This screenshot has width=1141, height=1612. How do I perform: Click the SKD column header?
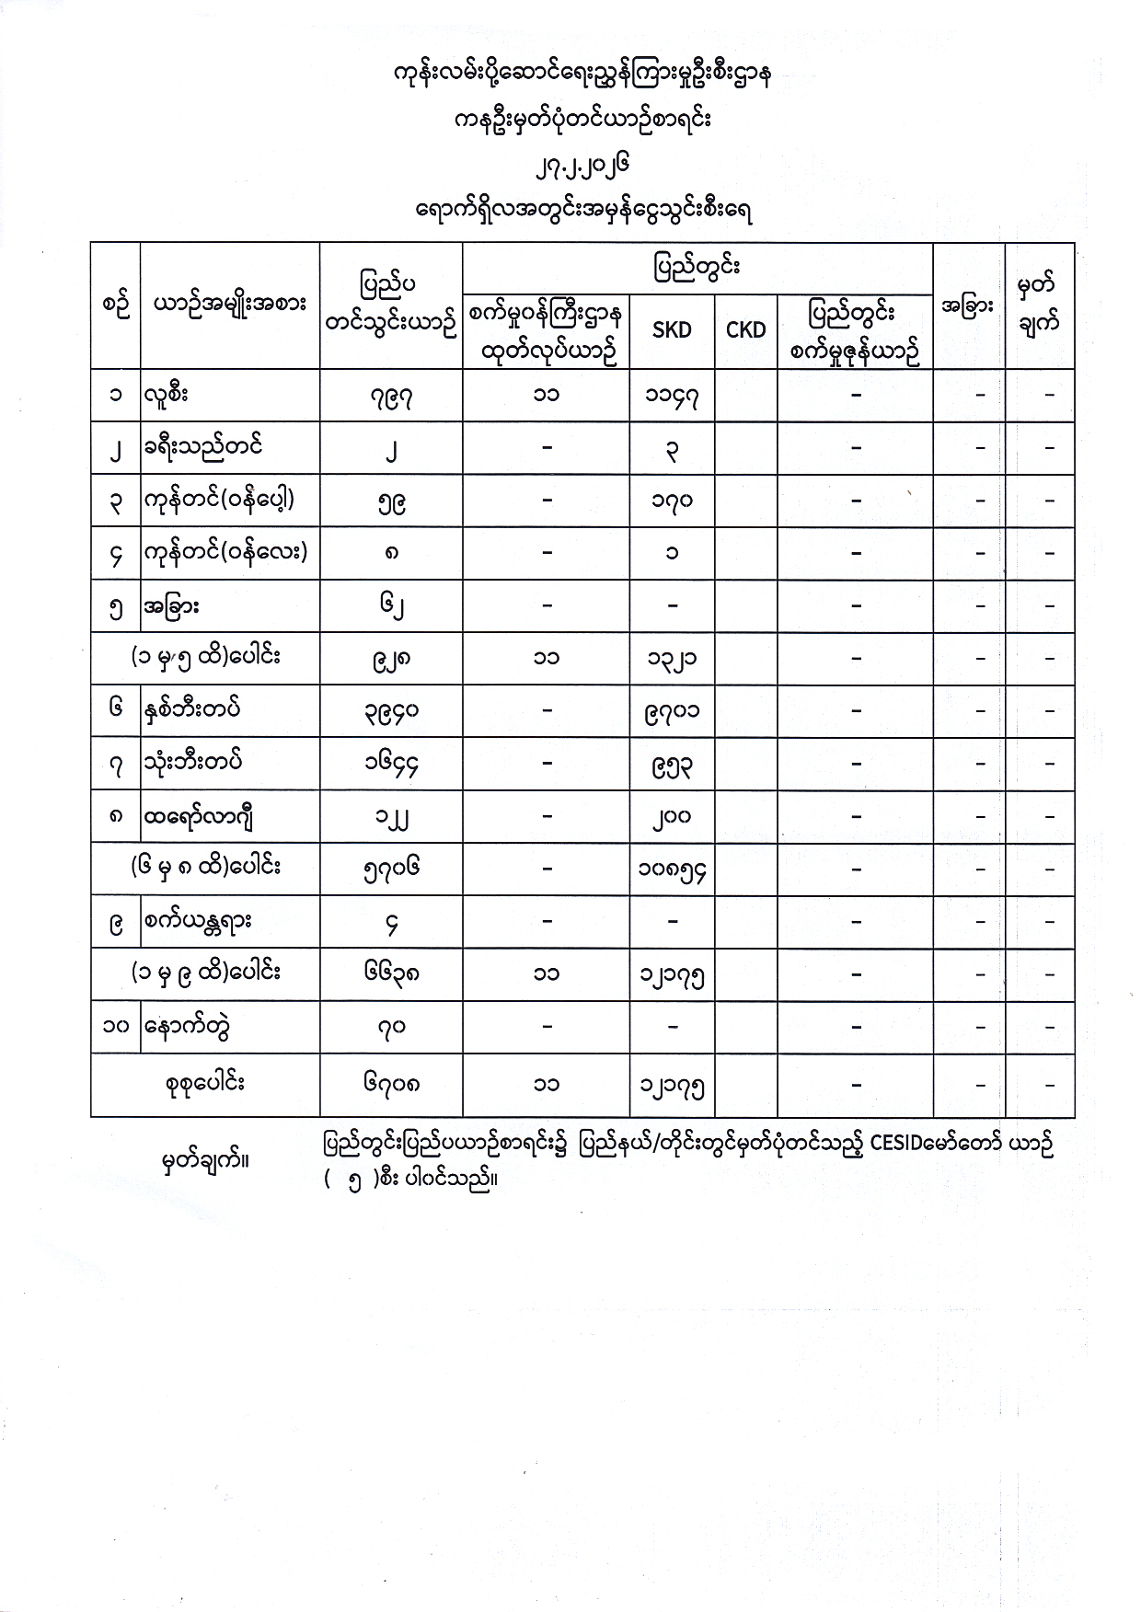[671, 330]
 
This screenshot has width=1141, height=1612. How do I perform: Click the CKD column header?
[745, 330]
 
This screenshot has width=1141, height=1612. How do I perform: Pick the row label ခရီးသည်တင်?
[203, 448]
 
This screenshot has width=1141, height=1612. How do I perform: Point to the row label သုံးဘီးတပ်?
[193, 763]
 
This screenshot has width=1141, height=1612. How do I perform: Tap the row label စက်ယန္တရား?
[198, 921]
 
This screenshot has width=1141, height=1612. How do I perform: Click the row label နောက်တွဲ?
[186, 1026]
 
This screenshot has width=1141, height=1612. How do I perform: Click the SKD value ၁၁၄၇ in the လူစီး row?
[672, 397]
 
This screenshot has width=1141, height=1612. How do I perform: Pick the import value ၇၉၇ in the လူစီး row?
[391, 397]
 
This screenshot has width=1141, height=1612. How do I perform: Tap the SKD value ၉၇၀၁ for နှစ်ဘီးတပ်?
[672, 711]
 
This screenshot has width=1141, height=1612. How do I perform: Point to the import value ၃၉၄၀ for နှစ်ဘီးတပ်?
[391, 711]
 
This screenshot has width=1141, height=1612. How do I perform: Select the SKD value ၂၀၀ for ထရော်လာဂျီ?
[672, 816]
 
